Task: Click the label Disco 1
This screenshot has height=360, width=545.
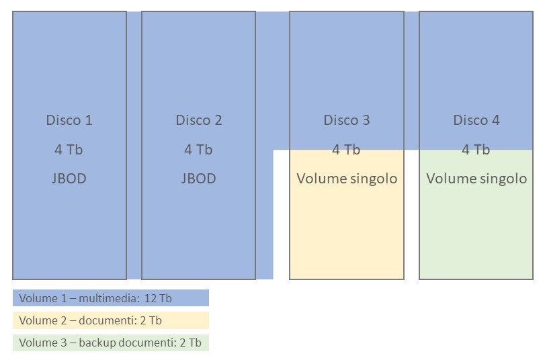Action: (x=69, y=120)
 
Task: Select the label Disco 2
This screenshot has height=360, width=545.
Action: (x=199, y=120)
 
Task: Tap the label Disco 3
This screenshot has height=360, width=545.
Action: (x=347, y=120)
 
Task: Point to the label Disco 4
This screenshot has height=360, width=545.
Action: (x=476, y=120)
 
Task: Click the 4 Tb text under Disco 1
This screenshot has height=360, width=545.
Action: (x=69, y=150)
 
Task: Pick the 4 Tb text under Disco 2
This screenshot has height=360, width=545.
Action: (x=199, y=150)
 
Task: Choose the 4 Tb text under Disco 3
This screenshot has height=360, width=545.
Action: (x=347, y=150)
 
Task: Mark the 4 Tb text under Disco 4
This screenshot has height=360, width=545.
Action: (x=476, y=150)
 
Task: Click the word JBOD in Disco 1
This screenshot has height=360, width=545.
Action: (x=69, y=179)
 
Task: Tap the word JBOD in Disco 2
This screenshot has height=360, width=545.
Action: (x=199, y=179)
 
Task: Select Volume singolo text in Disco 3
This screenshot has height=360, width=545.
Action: (x=347, y=179)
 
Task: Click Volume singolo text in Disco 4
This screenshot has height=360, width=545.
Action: (x=476, y=179)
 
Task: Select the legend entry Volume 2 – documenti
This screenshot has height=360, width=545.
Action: (x=91, y=320)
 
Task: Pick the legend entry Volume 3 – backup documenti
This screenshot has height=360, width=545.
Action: (x=110, y=343)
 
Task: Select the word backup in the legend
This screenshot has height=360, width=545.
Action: (x=97, y=343)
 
